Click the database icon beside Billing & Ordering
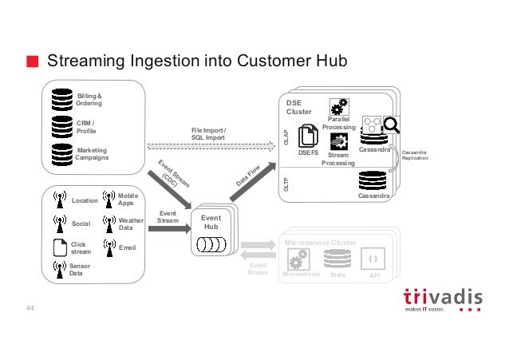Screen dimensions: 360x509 61,99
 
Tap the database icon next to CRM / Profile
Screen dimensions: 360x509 61,125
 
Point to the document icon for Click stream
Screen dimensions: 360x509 57,247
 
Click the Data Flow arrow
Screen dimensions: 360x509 249,176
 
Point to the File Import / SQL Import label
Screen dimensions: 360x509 208,133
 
